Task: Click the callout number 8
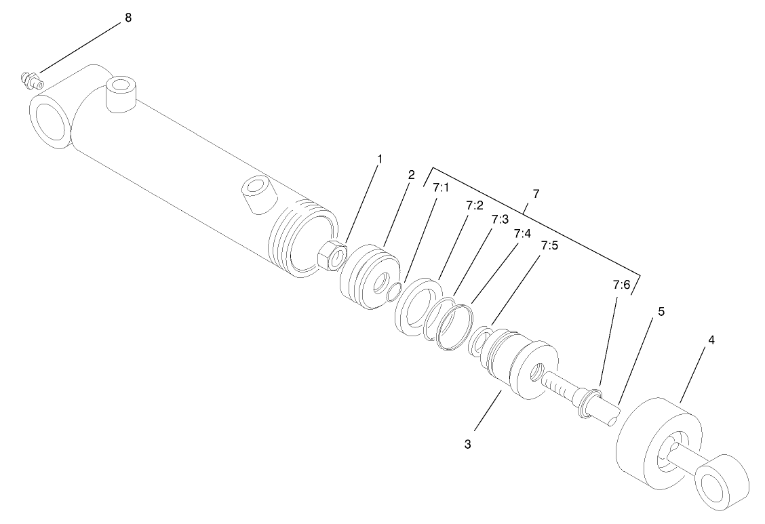127,18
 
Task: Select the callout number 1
380,159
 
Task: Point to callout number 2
411,174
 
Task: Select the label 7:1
441,188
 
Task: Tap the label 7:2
475,204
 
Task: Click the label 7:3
500,220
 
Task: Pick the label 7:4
522,234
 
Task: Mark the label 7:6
621,286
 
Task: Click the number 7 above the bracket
536,194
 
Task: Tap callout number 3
467,445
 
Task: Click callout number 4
711,338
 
